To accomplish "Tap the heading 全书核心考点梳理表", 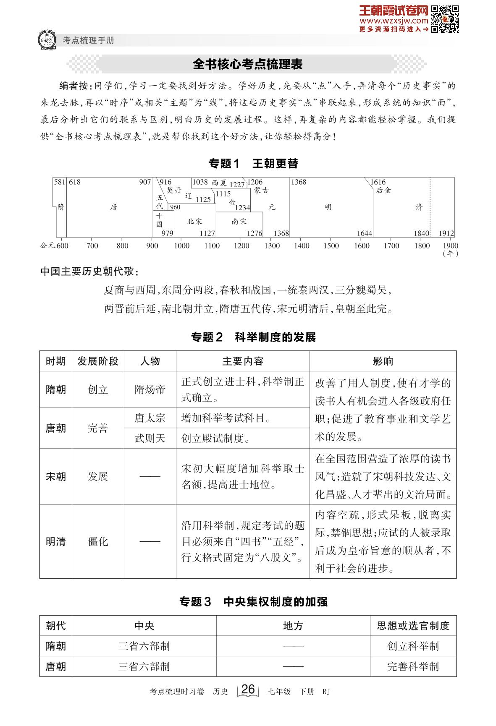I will (247, 64).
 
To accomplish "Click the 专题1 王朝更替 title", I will (253, 163).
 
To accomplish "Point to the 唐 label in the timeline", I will (113, 207).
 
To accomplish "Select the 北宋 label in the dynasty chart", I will (194, 221).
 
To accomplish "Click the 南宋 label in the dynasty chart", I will (239, 221).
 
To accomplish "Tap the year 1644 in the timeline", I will (364, 233).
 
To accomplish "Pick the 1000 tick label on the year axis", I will (182, 245).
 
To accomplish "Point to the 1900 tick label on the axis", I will (450, 245).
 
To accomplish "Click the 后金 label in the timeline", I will (383, 190).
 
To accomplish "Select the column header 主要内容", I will (243, 361).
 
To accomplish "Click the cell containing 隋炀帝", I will (150, 389).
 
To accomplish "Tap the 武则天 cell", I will (150, 439).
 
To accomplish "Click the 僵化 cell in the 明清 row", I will (98, 541).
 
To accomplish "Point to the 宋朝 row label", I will (56, 477).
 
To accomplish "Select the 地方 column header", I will (293, 626).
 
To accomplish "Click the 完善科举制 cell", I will (413, 666).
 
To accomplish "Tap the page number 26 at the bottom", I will (248, 689).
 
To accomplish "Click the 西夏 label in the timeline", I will (219, 183).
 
